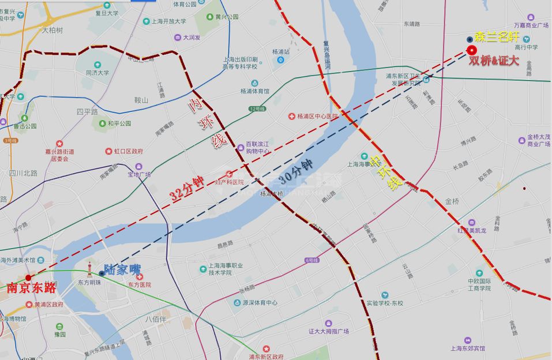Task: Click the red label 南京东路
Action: click(x=31, y=287)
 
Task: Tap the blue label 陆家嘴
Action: click(x=123, y=269)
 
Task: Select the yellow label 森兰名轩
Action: click(x=496, y=39)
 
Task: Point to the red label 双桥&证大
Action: click(x=494, y=60)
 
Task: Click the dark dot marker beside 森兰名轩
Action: click(x=469, y=39)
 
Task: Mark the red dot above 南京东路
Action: click(x=28, y=277)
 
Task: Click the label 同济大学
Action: click(x=97, y=73)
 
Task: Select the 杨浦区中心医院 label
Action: click(x=316, y=116)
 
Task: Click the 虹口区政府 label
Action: click(x=128, y=151)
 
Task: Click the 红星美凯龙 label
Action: click(x=478, y=231)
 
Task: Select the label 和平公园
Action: click(x=119, y=123)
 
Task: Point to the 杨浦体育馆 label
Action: click(x=254, y=91)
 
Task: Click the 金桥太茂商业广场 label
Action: click(x=538, y=141)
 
